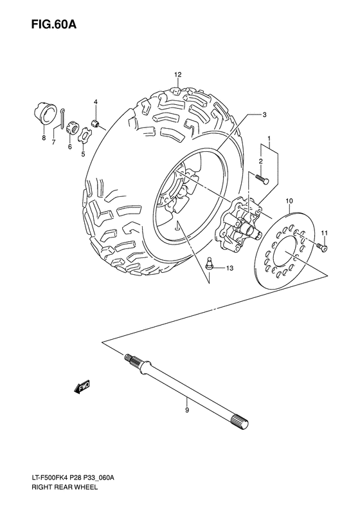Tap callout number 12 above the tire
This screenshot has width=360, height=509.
[177, 75]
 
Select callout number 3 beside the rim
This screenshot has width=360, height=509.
[246, 115]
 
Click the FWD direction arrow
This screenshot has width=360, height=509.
[81, 386]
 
